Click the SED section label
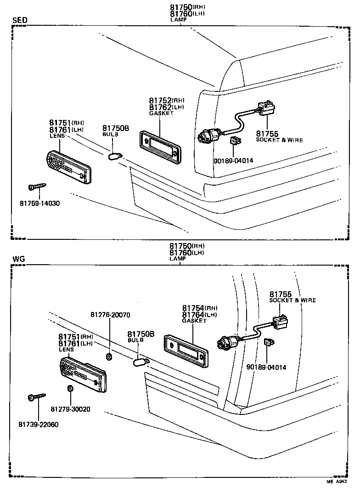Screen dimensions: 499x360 [x=19, y=20]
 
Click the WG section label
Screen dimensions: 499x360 [x=18, y=259]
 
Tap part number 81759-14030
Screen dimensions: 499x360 [x=39, y=203]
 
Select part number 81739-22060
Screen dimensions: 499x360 [x=39, y=424]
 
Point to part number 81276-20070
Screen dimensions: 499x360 [x=110, y=315]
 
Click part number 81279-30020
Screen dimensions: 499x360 [x=70, y=409]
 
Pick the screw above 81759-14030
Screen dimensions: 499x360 [x=36, y=187]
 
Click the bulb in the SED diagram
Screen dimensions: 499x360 [x=113, y=157]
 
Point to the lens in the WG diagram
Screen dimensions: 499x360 [x=83, y=374]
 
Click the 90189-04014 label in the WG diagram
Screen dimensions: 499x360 [x=266, y=367]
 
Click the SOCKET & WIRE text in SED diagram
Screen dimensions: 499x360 [x=279, y=140]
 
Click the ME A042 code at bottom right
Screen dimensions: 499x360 [x=337, y=494]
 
